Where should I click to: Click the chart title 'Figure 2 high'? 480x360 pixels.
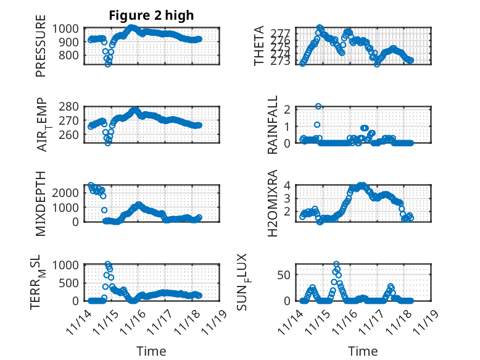[x=151, y=15]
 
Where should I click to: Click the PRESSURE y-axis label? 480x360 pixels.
[x=41, y=50]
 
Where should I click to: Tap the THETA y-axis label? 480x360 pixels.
[x=260, y=46]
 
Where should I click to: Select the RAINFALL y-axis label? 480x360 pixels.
[x=272, y=125]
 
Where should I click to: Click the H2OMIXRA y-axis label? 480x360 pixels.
[x=272, y=204]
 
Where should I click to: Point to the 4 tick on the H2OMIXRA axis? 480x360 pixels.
[x=286, y=185]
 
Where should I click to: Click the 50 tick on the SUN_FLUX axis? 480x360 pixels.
[x=283, y=274]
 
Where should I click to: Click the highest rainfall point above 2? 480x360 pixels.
[x=318, y=106]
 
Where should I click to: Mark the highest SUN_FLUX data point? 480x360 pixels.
[x=336, y=264]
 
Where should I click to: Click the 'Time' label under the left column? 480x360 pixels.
[x=151, y=351]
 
